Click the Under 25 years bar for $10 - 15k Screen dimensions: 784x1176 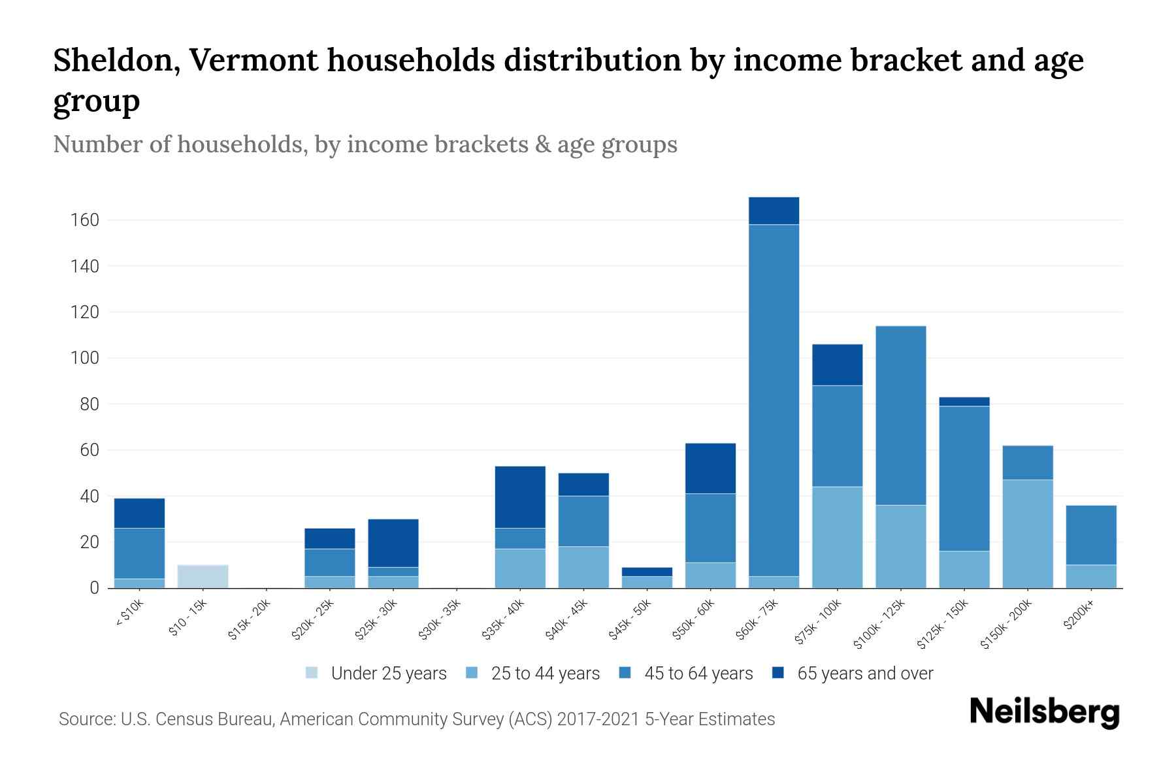pyautogui.click(x=203, y=576)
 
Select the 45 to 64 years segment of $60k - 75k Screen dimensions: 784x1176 pyautogui.click(x=774, y=400)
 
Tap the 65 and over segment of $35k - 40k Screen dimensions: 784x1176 pyautogui.click(x=520, y=497)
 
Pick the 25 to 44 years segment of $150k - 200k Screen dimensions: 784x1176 pyautogui.click(x=1028, y=534)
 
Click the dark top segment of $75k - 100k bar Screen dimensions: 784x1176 pyautogui.click(x=837, y=365)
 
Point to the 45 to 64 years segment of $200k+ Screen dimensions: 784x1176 pyautogui.click(x=1091, y=534)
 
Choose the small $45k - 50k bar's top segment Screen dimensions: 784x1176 pyautogui.click(x=647, y=572)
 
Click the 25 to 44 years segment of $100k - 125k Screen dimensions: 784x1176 pyautogui.click(x=901, y=546)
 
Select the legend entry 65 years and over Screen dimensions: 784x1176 pyautogui.click(x=864, y=674)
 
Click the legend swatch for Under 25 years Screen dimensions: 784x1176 pyautogui.click(x=312, y=673)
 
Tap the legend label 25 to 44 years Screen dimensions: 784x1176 pyautogui.click(x=545, y=674)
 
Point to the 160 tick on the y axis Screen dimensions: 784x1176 pyautogui.click(x=85, y=220)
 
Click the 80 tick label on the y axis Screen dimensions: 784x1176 pyautogui.click(x=89, y=404)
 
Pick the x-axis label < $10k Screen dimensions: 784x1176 pyautogui.click(x=130, y=613)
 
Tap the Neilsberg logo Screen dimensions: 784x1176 pyautogui.click(x=1044, y=712)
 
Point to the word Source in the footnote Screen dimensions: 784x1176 pyautogui.click(x=86, y=719)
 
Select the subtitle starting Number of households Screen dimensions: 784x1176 pyautogui.click(x=365, y=144)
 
